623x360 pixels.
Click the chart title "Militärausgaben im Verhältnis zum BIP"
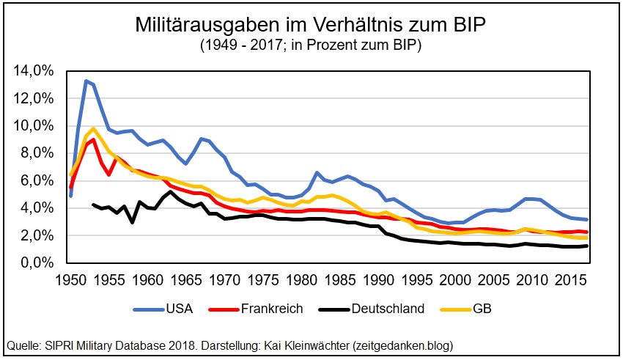(311, 25)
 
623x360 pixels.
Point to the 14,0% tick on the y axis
(34, 71)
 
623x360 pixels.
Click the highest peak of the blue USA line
(86, 81)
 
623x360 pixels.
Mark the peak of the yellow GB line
(93, 129)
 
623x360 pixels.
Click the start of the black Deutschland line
(93, 205)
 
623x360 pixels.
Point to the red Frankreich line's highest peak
(93, 139)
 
